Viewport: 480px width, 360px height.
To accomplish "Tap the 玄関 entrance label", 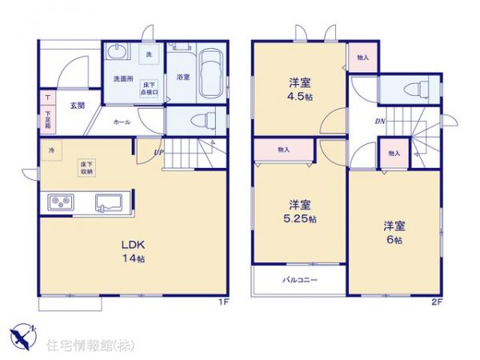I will (x=77, y=105).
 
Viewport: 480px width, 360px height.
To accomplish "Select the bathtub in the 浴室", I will (x=210, y=73).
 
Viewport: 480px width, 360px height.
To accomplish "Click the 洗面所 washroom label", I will (x=122, y=79).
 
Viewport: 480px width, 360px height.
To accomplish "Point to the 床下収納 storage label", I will (x=86, y=167).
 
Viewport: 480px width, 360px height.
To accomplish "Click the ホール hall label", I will (x=122, y=122).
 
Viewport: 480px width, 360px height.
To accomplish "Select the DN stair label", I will (x=380, y=122).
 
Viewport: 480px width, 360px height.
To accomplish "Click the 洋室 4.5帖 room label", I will (x=300, y=86).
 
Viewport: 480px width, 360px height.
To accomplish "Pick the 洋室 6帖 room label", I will (x=394, y=233).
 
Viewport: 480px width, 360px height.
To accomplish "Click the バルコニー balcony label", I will (x=300, y=281).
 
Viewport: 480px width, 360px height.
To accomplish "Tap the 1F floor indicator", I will (x=226, y=303).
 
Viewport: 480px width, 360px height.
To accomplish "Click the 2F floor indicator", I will (x=436, y=303).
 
